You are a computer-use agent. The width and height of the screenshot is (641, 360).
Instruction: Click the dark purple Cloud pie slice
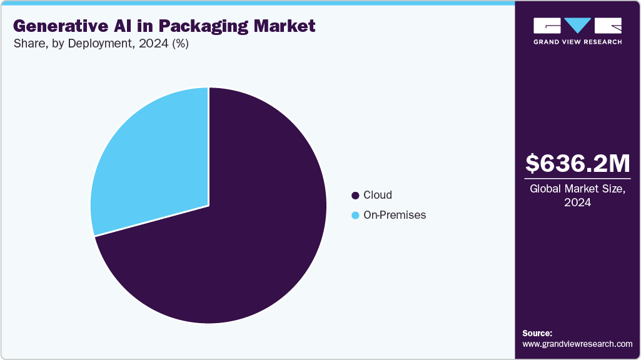pyautogui.click(x=238, y=237)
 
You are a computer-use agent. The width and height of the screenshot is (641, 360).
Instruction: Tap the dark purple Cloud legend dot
pyautogui.click(x=356, y=196)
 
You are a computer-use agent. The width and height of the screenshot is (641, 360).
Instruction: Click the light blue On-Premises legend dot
pyautogui.click(x=356, y=215)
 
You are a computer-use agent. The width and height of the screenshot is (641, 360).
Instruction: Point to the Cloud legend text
pyautogui.click(x=378, y=196)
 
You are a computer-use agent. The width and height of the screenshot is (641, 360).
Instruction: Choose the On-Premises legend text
pyautogui.click(x=395, y=215)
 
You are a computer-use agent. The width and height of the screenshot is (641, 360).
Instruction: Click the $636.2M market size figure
pyautogui.click(x=577, y=163)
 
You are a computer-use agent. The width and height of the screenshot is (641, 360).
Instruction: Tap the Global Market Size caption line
pyautogui.click(x=577, y=189)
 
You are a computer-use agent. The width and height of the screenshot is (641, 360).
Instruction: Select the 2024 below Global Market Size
pyautogui.click(x=577, y=203)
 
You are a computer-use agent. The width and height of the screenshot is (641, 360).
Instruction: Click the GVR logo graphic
pyautogui.click(x=577, y=26)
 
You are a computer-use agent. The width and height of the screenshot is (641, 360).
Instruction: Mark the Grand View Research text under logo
pyautogui.click(x=577, y=42)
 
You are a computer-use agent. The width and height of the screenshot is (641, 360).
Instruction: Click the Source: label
pyautogui.click(x=537, y=333)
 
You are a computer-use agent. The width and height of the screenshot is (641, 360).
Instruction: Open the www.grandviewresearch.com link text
pyautogui.click(x=577, y=344)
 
